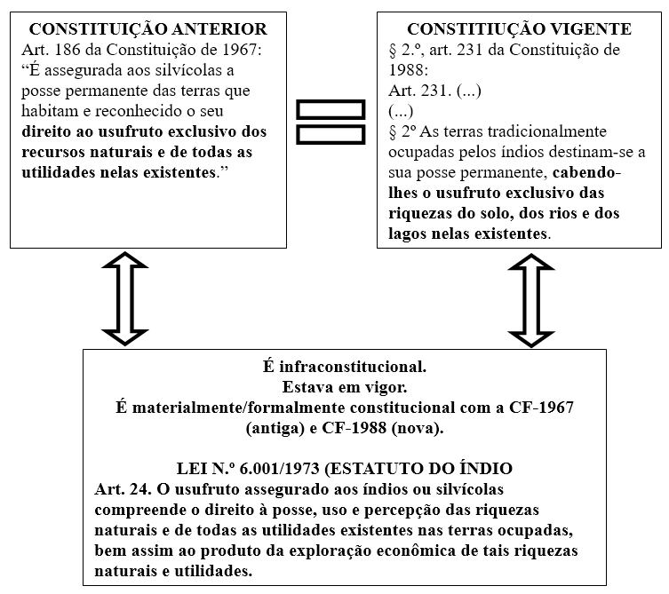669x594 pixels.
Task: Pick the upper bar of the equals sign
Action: point(331,110)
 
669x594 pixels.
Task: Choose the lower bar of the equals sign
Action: point(331,135)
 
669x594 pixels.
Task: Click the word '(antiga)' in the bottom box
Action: point(274,428)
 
